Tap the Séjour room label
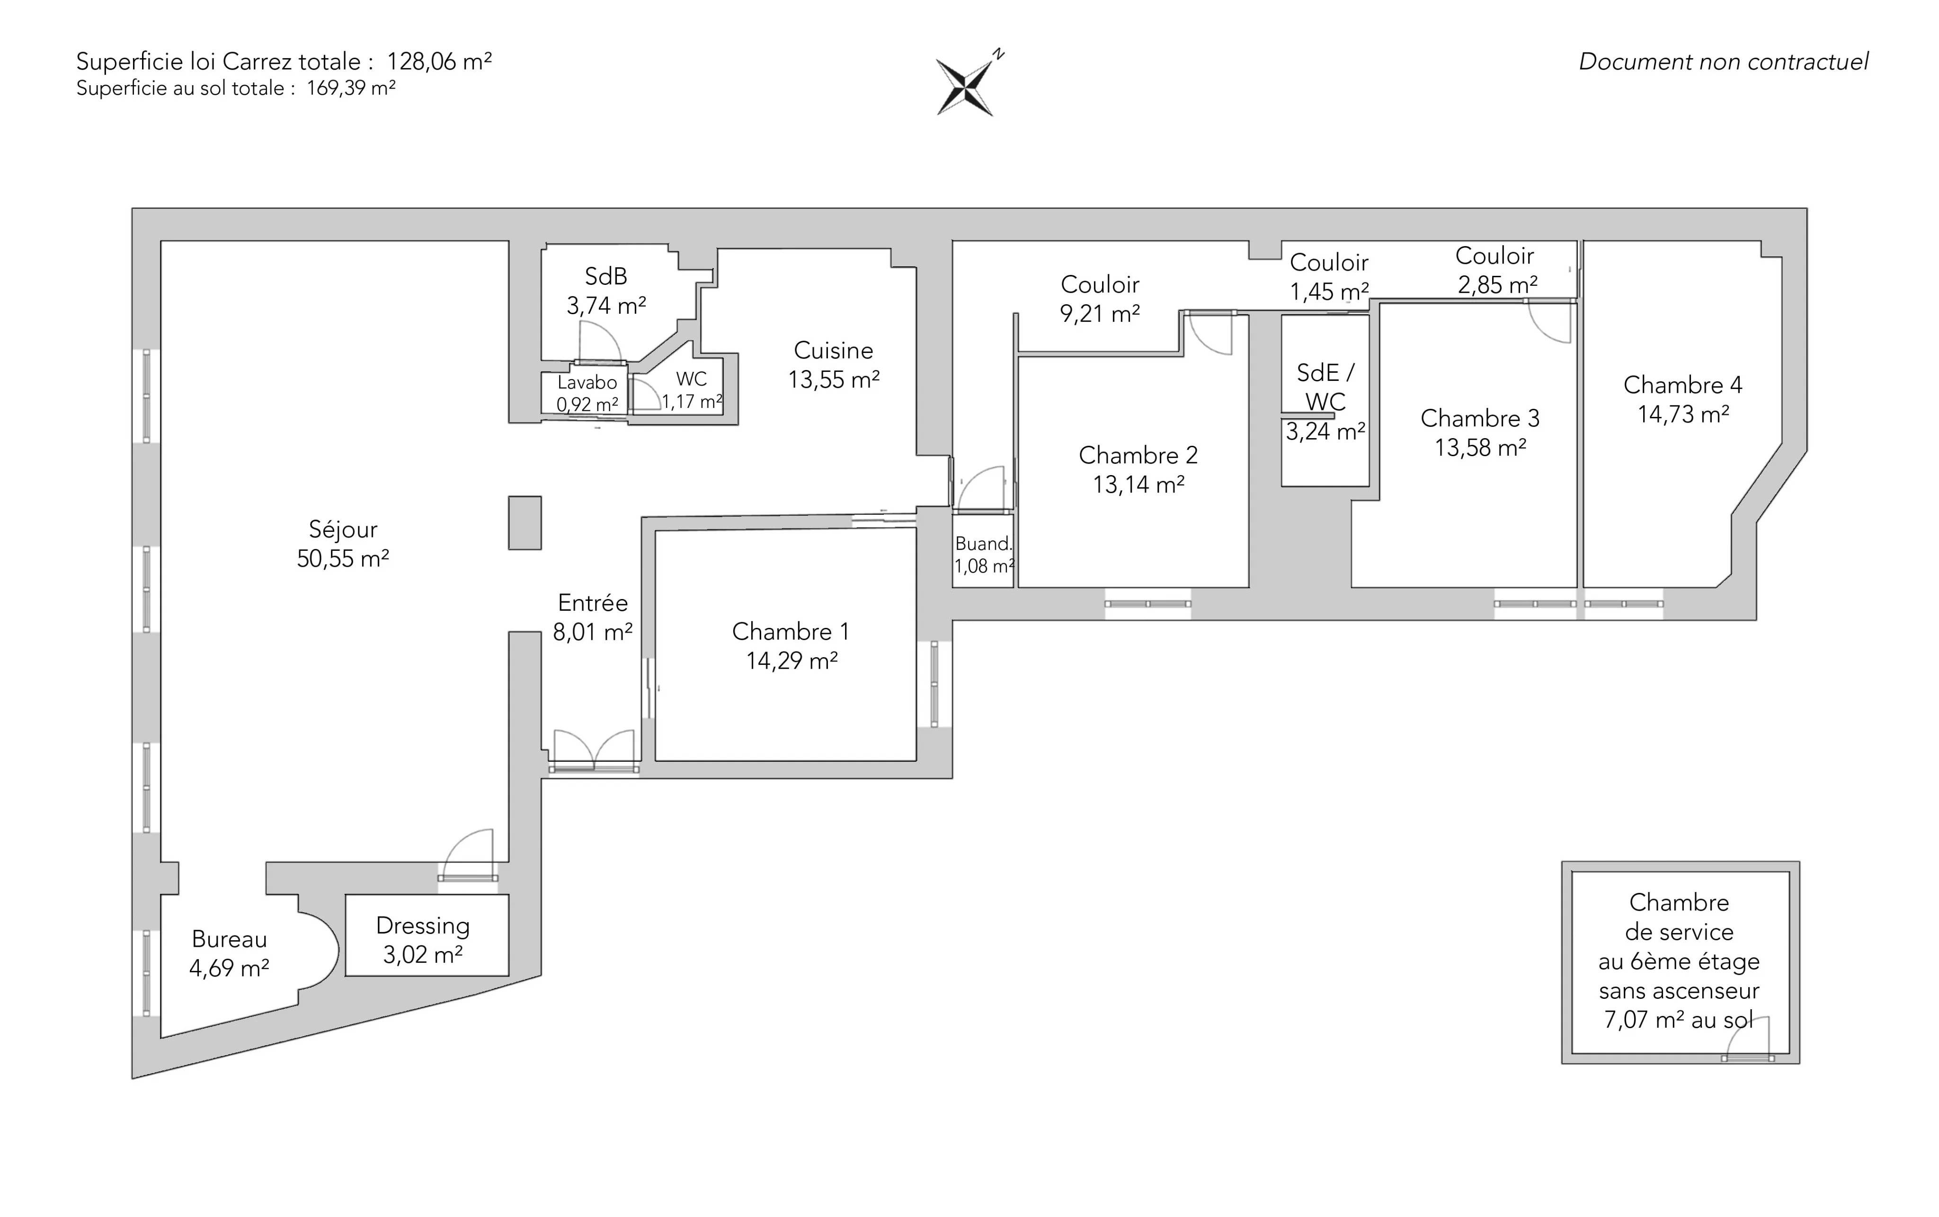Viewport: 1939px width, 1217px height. [343, 529]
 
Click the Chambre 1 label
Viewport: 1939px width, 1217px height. [790, 632]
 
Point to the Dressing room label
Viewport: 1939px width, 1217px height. [423, 926]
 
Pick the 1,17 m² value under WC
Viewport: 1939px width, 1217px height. [692, 401]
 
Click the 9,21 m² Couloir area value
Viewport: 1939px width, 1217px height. [1100, 314]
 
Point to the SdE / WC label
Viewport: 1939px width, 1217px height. [1325, 387]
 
